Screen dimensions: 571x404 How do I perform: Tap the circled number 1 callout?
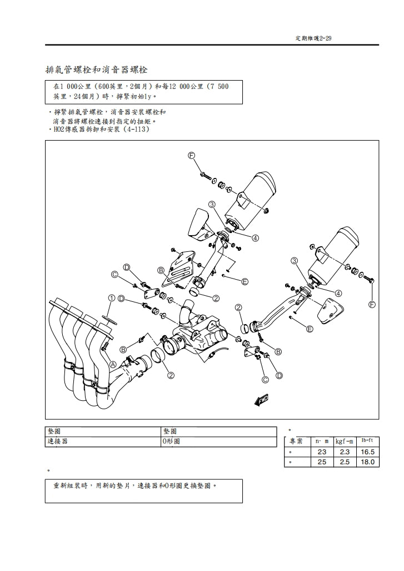pos(112,298)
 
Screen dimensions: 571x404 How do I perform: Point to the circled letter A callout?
pos(113,365)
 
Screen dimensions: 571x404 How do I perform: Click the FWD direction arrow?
pos(261,399)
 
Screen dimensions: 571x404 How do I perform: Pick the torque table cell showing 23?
pos(322,452)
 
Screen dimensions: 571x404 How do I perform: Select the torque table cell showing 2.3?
pos(345,452)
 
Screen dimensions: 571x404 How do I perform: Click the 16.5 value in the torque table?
pos(367,452)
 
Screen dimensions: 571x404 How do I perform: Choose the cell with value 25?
pos(322,462)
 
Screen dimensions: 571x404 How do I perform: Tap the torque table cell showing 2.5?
pos(345,462)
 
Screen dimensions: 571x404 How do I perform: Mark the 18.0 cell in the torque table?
pos(367,462)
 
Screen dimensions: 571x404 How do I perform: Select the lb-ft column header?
pos(367,441)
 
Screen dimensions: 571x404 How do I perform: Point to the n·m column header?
pos(322,441)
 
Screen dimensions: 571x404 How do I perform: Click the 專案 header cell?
pos(296,441)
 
